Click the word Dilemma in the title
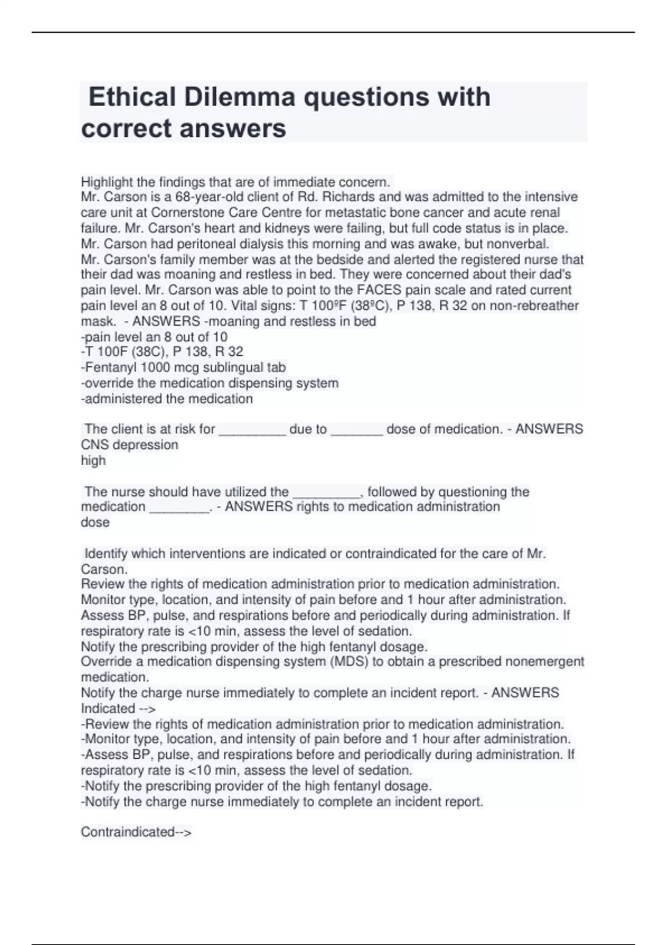(x=240, y=97)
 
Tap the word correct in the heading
(x=126, y=128)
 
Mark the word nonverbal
(x=517, y=243)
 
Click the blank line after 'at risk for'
(x=252, y=430)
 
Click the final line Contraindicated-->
(x=136, y=832)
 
